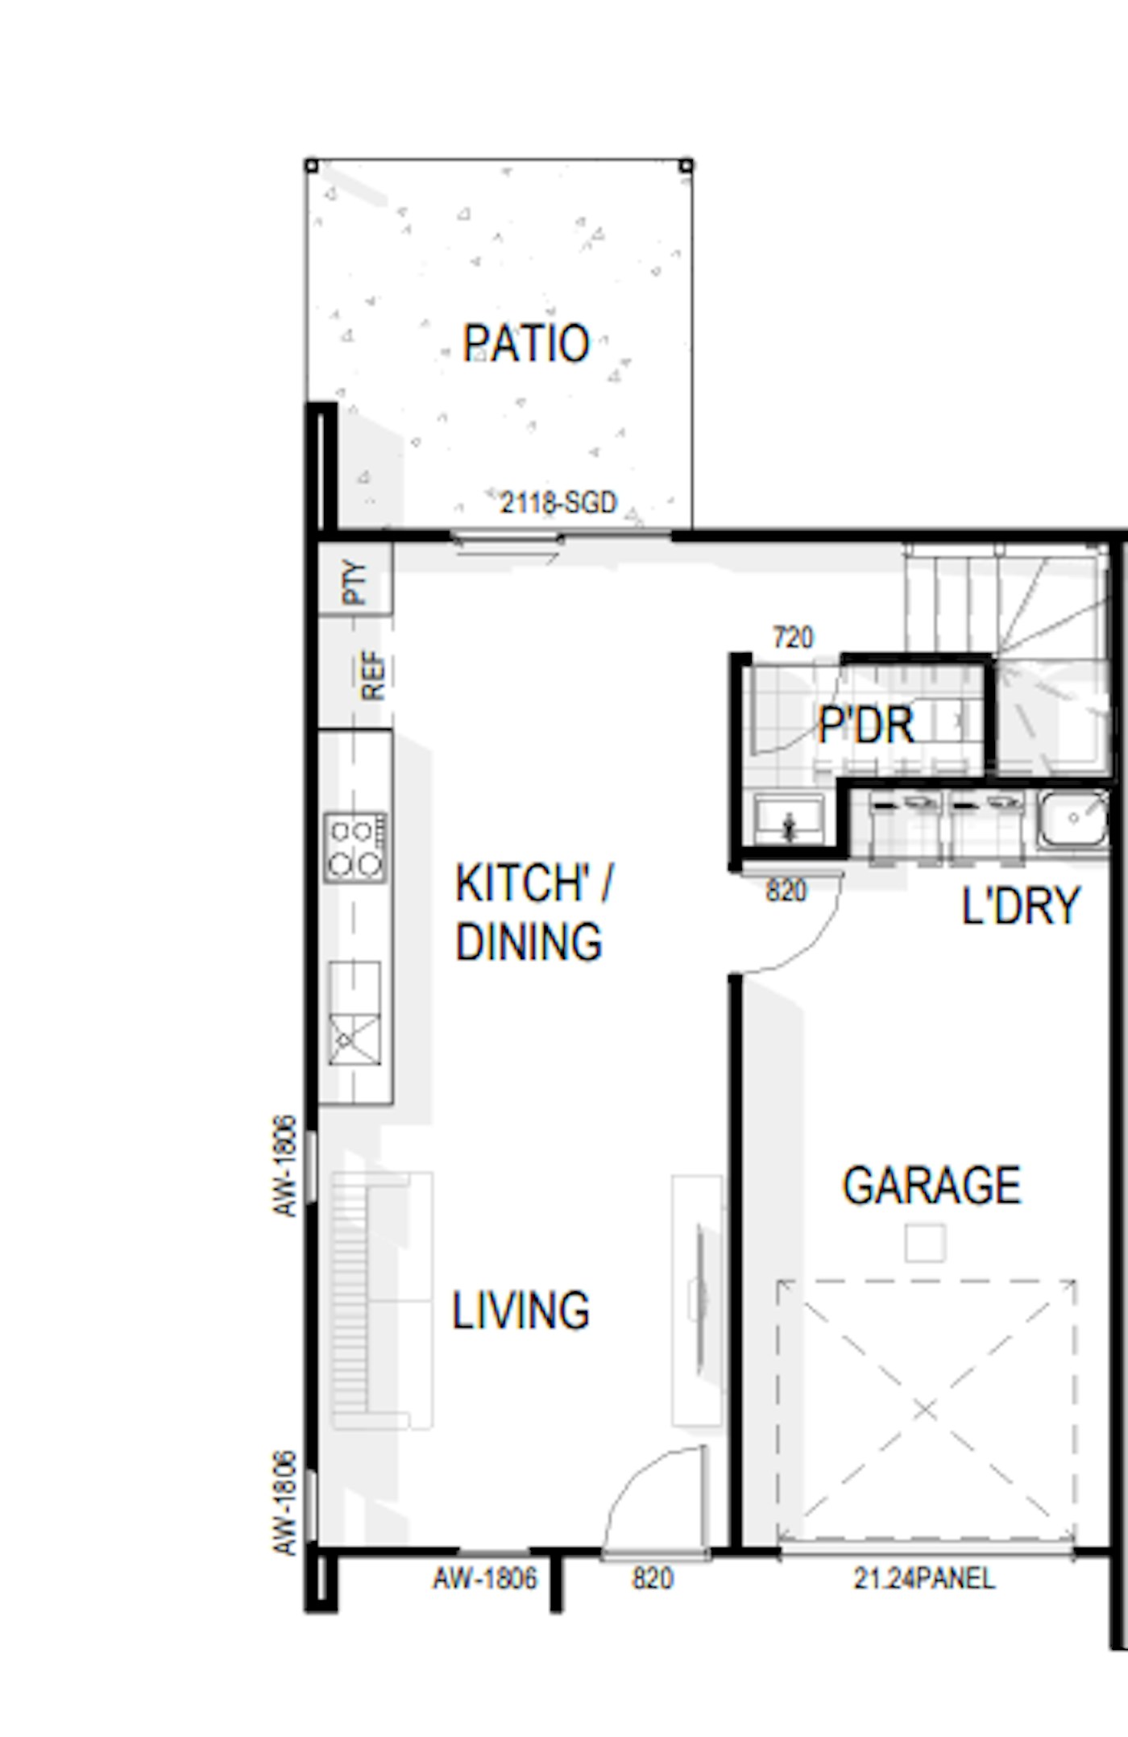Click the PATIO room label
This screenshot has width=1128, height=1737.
pyautogui.click(x=525, y=343)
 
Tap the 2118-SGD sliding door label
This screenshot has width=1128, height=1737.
pyautogui.click(x=558, y=503)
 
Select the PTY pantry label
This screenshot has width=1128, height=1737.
pyautogui.click(x=355, y=582)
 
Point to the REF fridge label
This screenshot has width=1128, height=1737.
pyautogui.click(x=373, y=675)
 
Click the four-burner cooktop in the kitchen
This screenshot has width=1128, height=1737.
pyautogui.click(x=355, y=846)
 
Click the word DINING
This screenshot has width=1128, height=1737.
pyautogui.click(x=529, y=941)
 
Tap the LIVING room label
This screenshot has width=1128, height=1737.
pyautogui.click(x=520, y=1311)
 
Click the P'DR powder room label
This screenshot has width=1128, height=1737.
pyautogui.click(x=866, y=725)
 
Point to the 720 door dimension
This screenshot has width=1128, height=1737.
pyautogui.click(x=793, y=638)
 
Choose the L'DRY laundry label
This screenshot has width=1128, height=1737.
pyautogui.click(x=1020, y=906)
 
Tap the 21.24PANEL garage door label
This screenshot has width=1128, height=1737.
pyautogui.click(x=924, y=1578)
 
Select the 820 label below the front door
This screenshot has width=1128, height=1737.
pyautogui.click(x=652, y=1578)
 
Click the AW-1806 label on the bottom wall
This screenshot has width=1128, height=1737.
pyautogui.click(x=485, y=1578)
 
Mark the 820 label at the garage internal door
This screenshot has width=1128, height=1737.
pyautogui.click(x=786, y=891)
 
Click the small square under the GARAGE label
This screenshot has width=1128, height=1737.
pyautogui.click(x=924, y=1242)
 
